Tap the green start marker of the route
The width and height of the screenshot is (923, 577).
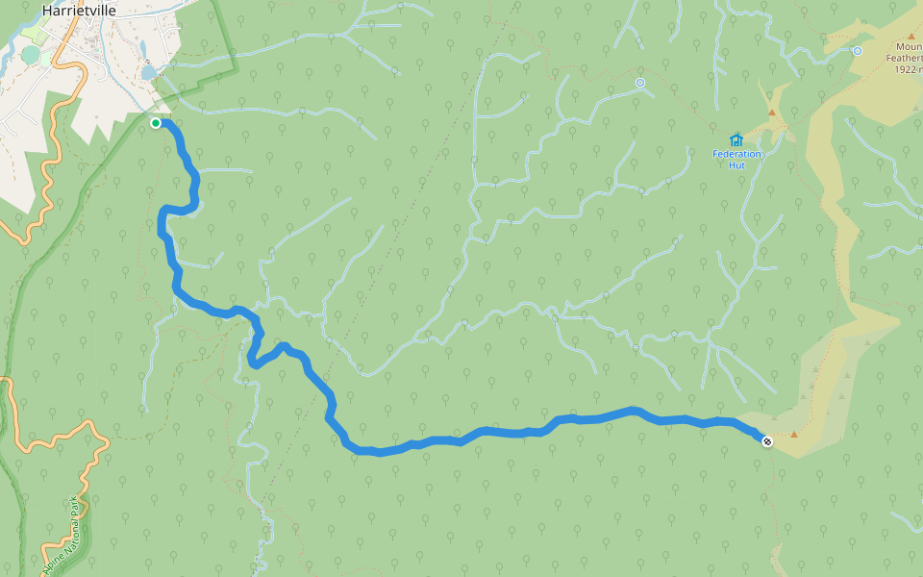[156, 123]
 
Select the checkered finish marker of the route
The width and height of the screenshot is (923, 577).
[766, 441]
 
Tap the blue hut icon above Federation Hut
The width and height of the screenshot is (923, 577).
[736, 139]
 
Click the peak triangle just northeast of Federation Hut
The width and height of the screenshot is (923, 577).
[771, 113]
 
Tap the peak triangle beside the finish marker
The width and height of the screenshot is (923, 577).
[794, 435]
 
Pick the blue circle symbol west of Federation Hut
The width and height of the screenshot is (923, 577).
[639, 83]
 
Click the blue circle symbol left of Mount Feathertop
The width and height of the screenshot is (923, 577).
[857, 51]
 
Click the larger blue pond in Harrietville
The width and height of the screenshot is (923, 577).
[149, 72]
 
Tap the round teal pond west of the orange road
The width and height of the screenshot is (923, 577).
[30, 55]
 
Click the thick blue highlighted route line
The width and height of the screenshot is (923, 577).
[500, 432]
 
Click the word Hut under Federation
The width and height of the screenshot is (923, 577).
[736, 164]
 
